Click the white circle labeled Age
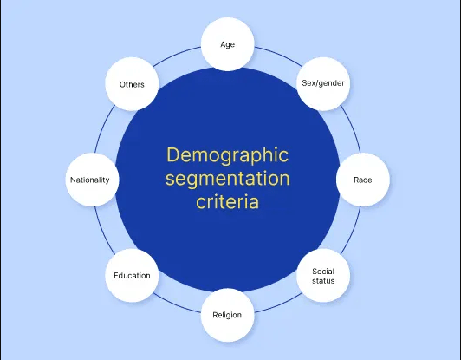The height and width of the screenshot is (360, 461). pos(228,44)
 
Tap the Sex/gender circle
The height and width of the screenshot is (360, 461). pos(323,84)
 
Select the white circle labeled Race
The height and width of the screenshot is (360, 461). pos(363,180)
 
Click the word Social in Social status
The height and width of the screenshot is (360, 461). pos(323,272)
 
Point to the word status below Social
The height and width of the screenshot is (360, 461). pos(323,281)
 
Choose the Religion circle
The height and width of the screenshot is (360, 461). pos(228,315)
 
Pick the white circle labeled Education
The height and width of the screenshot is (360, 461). pos(132,276)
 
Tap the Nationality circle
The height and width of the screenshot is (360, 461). pos(93,180)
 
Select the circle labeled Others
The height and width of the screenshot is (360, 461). pos(132,84)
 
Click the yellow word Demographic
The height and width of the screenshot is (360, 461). pos(228,155)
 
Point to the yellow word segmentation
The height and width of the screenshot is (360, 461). pos(228,179)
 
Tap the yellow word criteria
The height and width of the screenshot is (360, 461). pos(228,201)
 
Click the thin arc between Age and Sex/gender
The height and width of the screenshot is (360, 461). pos(280,55)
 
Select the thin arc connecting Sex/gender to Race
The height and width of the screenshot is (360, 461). pos(353,128)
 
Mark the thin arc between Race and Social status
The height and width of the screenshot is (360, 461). pos(353,232)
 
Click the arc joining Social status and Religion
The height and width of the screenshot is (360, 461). pos(280,304)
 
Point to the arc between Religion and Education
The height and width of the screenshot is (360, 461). pos(176,304)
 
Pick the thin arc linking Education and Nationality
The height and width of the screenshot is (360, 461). pos(102,232)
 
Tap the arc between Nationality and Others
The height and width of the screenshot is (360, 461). pos(102,128)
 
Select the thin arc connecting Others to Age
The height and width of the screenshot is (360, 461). pos(176,55)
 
